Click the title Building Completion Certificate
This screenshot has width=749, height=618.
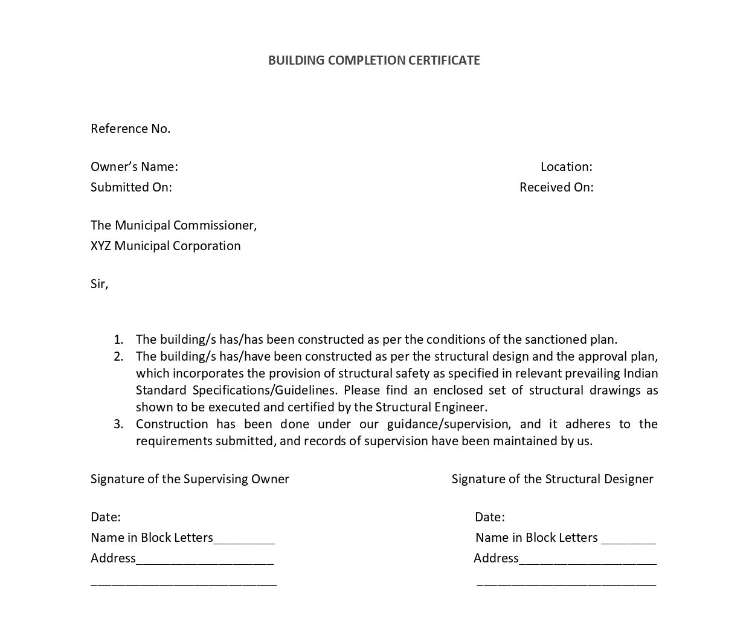click(x=374, y=60)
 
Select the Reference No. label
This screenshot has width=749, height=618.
click(x=130, y=129)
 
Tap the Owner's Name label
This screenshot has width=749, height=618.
click(x=134, y=167)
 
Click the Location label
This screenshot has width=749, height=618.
click(x=566, y=167)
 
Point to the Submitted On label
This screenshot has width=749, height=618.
click(x=131, y=187)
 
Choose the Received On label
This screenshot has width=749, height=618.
click(x=556, y=187)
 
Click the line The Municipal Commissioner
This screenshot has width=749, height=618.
click(x=173, y=225)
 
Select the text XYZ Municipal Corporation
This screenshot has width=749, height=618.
click(x=166, y=246)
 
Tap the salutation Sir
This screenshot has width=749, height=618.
click(x=99, y=284)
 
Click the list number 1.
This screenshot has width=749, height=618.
click(x=118, y=340)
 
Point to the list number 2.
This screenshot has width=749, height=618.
click(x=118, y=356)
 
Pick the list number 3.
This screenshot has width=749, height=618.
click(x=118, y=424)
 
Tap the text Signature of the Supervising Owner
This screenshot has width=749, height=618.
click(x=190, y=479)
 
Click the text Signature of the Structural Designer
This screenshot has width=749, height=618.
click(x=552, y=479)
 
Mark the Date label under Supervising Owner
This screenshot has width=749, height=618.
click(x=106, y=517)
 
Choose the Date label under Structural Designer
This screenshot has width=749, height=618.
click(x=490, y=517)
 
